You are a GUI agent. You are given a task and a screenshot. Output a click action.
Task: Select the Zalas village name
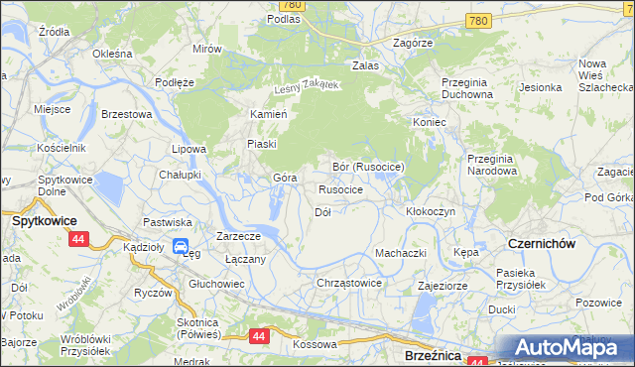point(366,65)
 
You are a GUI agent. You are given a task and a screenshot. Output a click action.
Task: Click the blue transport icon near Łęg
point(181,246)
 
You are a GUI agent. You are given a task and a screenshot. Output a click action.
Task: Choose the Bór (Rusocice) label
point(367,167)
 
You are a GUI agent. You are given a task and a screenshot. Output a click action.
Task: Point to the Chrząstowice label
point(348,283)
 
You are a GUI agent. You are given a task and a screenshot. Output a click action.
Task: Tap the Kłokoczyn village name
point(431,212)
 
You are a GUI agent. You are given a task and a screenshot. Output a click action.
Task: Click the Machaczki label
point(400,253)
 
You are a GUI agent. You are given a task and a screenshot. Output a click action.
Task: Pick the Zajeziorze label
point(443,284)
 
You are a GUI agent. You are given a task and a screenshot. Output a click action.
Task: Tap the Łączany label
point(244,259)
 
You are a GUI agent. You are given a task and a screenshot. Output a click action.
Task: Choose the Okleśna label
point(112,53)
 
